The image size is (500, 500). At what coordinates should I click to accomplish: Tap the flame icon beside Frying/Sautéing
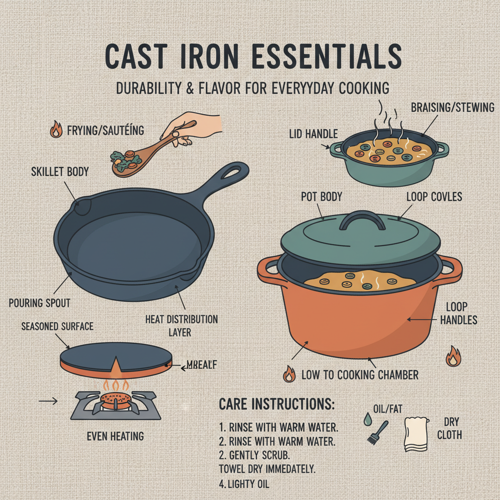[x=57, y=130]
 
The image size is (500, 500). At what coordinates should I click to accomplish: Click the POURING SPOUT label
[x=40, y=303]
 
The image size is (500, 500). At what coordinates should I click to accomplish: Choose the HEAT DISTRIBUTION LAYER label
[x=182, y=325]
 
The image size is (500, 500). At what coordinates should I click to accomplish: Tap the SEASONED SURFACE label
[x=57, y=326]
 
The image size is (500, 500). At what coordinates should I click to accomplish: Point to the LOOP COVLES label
[x=434, y=197]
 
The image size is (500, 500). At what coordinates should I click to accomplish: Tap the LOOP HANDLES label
[x=458, y=313]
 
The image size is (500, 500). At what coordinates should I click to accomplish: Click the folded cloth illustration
[x=416, y=434]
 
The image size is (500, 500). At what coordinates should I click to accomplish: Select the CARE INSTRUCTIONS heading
[x=276, y=404]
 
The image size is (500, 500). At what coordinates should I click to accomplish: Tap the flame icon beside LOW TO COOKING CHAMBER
[x=289, y=375]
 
